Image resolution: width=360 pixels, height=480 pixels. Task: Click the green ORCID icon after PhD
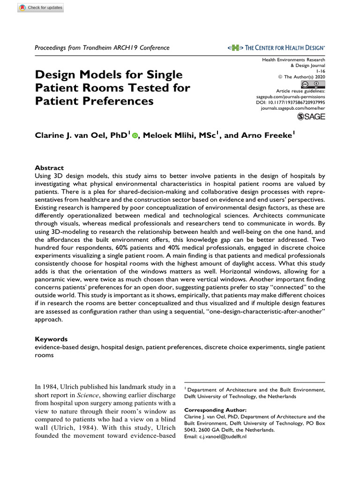pos(135,135)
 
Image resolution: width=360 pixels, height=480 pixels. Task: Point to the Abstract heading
pos(50,168)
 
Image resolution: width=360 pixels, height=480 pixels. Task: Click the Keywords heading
pos(52,339)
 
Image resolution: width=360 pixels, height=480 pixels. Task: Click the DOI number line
pos(291,102)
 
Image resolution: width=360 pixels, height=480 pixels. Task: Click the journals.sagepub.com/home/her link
pos(292,108)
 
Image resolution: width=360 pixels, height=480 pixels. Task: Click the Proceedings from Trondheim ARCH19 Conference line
pos(102,48)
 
